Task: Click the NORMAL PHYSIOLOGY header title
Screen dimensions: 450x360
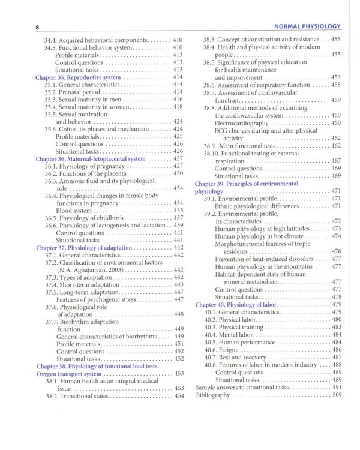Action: click(307, 26)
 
